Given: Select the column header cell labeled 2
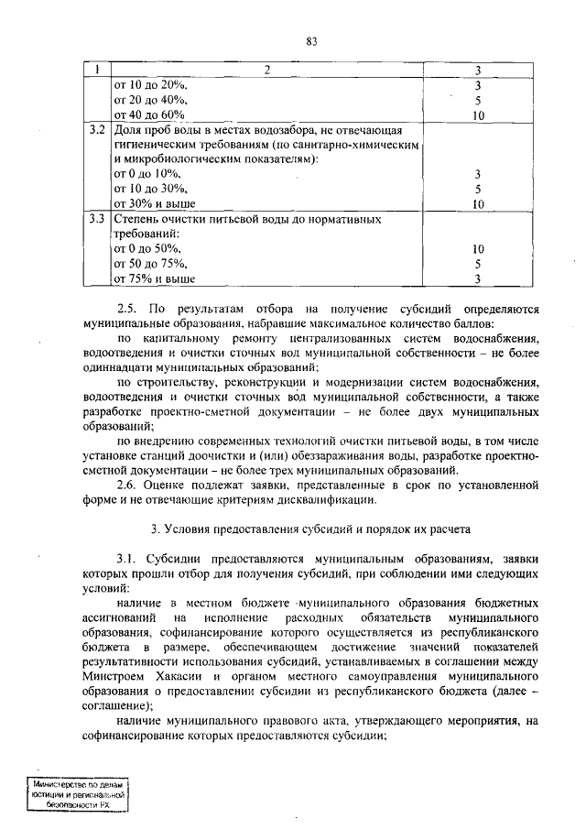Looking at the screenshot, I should [267, 71].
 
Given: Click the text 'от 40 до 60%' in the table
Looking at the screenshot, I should [149, 115].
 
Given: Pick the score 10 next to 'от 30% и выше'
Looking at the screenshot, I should [478, 204].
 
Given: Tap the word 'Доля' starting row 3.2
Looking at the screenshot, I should [128, 130].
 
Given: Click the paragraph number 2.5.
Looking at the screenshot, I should [127, 309].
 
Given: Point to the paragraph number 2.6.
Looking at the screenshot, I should [127, 484].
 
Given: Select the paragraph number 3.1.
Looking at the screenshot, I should [127, 559].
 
